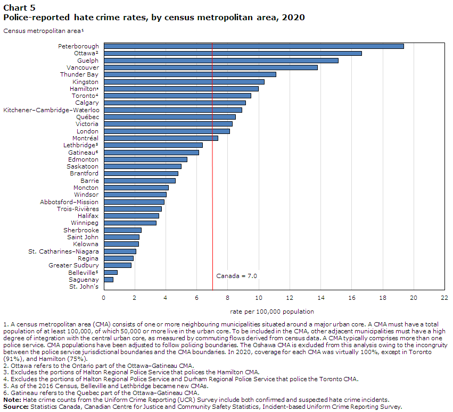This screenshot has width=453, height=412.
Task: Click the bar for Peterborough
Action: (254, 46)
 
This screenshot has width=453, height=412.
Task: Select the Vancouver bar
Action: (211, 68)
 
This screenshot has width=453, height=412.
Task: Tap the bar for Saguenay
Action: (109, 280)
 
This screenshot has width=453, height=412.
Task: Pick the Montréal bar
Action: (161, 138)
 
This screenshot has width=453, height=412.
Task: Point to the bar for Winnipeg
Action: (130, 223)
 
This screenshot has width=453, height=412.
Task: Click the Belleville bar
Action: (111, 273)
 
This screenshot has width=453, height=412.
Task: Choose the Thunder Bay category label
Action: (79, 74)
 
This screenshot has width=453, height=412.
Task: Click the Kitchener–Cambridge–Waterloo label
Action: (51, 110)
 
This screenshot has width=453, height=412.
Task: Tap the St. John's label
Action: (84, 287)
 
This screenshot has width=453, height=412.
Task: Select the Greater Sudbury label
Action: (73, 265)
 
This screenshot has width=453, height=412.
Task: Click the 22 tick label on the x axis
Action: (444, 298)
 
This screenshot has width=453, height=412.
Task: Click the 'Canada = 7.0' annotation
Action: (236, 276)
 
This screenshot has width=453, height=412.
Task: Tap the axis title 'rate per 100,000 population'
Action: (272, 312)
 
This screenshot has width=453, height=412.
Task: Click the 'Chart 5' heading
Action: (19, 8)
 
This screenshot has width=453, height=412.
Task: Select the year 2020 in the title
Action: (293, 18)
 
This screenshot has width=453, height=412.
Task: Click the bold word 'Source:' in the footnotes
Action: (16, 407)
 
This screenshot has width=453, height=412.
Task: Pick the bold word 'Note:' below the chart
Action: (12, 400)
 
